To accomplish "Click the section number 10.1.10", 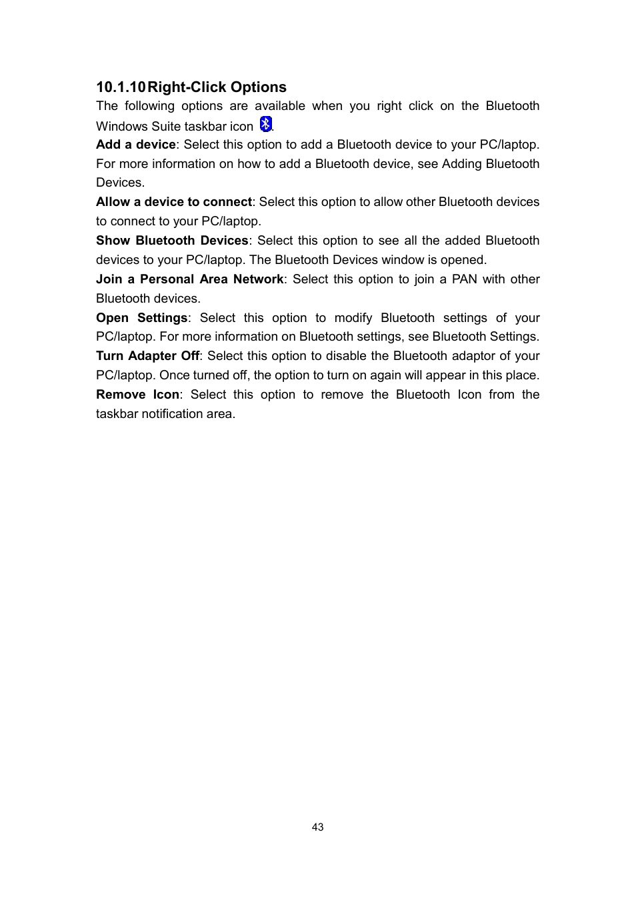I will click(x=120, y=87).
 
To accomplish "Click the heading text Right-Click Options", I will click(x=217, y=87).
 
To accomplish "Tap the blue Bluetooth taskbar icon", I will click(x=265, y=124).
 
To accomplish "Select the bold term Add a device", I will click(x=135, y=145).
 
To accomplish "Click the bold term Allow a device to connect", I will click(x=173, y=202).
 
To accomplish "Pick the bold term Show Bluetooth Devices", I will click(x=171, y=241).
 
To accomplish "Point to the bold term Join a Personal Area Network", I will click(x=189, y=279).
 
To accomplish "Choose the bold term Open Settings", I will click(x=141, y=318).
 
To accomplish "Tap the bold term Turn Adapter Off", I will click(x=147, y=356).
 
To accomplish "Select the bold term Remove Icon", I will click(x=137, y=395).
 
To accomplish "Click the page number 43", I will click(x=317, y=827).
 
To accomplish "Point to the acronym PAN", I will click(x=464, y=279).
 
